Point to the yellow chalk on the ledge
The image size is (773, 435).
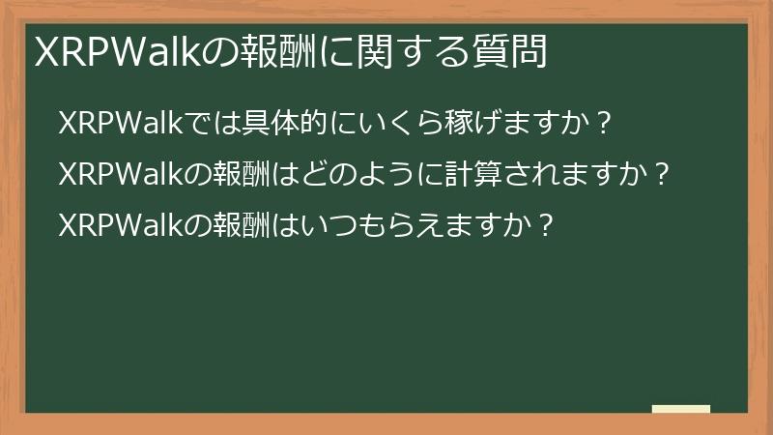(680, 409)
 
